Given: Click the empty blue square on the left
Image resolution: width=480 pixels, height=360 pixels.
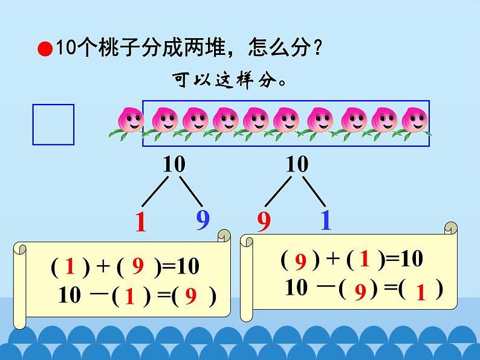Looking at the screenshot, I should pos(53,124).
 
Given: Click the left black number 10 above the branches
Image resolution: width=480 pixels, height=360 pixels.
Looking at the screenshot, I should pos(174,164).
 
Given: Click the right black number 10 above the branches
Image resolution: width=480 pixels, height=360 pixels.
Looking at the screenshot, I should pos(296,164).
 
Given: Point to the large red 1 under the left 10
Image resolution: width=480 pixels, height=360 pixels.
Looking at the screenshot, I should pos(140,223).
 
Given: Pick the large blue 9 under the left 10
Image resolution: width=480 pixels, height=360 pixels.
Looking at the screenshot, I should pos(203,220).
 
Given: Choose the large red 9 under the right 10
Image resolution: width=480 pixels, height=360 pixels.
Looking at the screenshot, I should pos(264,223).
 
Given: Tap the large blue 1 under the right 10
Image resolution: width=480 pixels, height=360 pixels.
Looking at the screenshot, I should pos(325,220).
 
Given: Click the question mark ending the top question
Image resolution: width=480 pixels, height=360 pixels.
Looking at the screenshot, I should pos(314,48).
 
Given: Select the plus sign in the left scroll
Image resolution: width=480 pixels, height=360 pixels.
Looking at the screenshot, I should pos(102,266).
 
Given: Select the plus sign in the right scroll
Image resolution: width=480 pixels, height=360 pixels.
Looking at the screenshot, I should pos(332,260).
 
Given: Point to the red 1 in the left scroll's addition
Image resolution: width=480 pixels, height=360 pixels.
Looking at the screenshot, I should pos(70,266).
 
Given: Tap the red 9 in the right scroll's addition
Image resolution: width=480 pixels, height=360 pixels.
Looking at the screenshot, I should pos(300,261).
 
